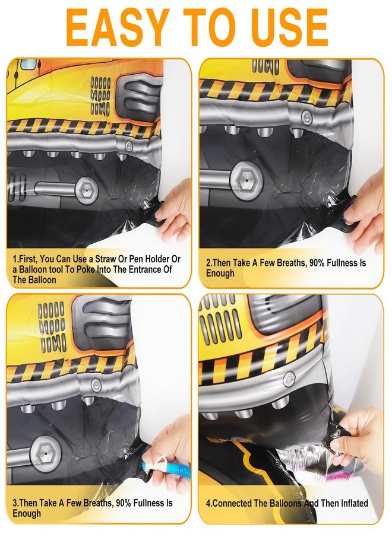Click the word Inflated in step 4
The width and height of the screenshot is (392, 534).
(x=354, y=503)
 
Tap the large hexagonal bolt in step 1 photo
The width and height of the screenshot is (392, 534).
(x=87, y=189)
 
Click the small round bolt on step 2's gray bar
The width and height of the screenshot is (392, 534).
(x=306, y=117)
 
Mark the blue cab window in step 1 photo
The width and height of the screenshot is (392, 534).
(x=29, y=64)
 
